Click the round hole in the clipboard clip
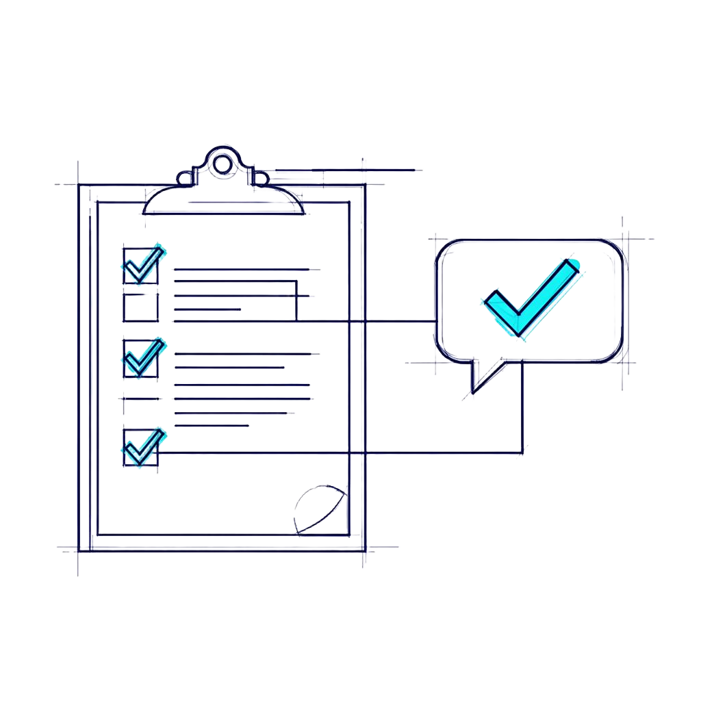point(221,163)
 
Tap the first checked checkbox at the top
point(141,266)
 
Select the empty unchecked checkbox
point(141,307)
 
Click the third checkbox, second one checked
point(141,358)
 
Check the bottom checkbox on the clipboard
point(141,448)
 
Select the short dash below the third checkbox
point(140,398)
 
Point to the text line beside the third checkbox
point(244,354)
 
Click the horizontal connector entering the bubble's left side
point(397,320)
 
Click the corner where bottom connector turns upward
point(522,452)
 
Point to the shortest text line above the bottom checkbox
point(212,425)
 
